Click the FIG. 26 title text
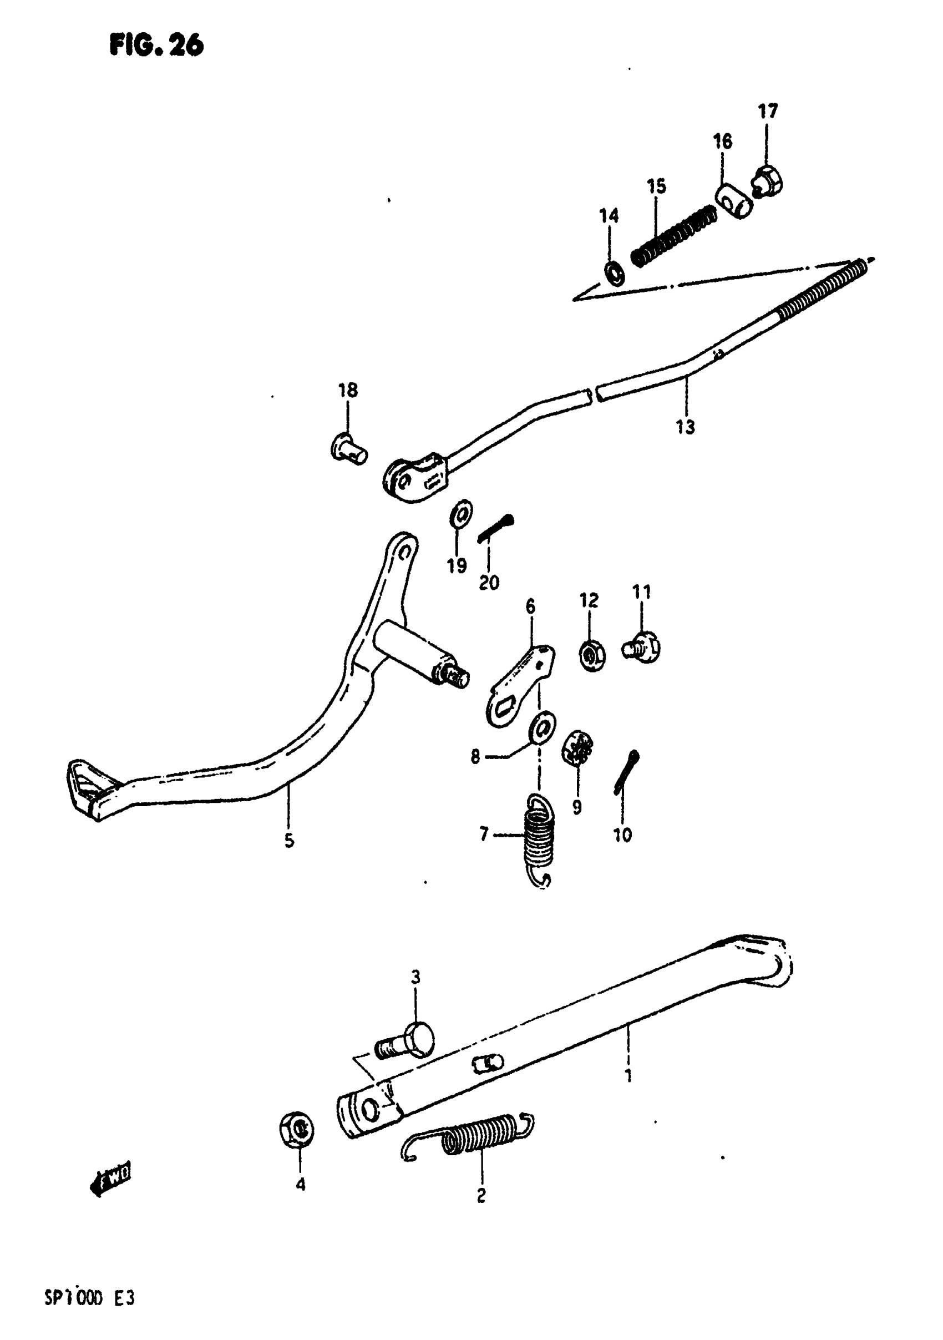[156, 45]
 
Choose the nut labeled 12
[592, 656]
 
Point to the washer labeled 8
[542, 729]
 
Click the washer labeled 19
[461, 514]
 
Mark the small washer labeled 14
[614, 272]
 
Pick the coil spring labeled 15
[674, 234]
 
